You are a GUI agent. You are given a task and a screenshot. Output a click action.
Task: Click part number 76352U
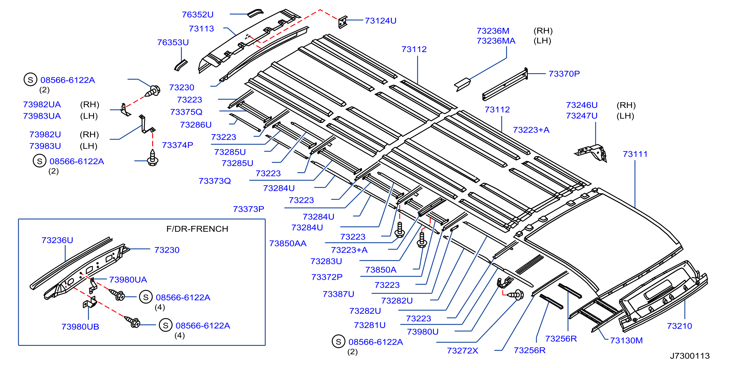198,14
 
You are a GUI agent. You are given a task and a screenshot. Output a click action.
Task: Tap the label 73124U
380,21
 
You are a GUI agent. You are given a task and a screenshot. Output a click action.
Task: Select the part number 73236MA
496,41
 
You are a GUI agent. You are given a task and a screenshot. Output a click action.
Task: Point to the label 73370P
564,74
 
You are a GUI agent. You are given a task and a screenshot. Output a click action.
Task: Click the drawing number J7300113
690,356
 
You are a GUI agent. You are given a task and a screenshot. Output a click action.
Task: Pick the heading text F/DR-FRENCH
197,229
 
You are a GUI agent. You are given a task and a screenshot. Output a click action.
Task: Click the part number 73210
679,326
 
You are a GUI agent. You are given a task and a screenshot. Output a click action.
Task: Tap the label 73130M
626,340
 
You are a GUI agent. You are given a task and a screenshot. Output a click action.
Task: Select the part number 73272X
462,350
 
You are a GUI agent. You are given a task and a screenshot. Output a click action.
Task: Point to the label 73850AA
288,243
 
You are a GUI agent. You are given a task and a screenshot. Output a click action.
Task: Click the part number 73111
635,154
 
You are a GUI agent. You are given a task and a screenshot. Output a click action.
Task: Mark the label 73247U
582,116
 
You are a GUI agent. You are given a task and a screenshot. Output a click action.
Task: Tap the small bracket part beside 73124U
343,22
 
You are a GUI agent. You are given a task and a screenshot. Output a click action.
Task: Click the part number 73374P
177,145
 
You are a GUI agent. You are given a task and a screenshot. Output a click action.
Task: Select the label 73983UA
42,116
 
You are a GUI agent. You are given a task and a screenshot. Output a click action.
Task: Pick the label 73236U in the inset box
57,240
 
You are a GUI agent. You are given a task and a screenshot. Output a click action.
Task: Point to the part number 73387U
338,294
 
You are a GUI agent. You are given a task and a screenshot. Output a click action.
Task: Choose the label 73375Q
186,112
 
